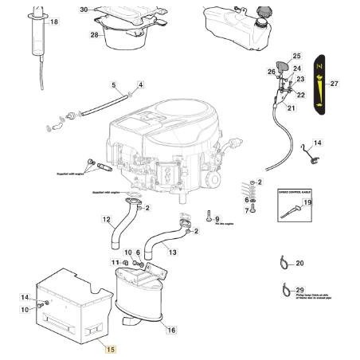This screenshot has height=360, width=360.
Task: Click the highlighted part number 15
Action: tap(111, 349)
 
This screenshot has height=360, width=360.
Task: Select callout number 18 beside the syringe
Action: tap(54, 22)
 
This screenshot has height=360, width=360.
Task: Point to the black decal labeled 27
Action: tap(319, 84)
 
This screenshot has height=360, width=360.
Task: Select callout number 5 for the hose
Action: tap(113, 85)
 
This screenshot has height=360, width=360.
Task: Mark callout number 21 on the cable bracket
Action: tap(291, 108)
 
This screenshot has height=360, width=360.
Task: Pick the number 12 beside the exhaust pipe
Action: tap(108, 230)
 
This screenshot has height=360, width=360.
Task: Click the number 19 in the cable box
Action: tap(308, 204)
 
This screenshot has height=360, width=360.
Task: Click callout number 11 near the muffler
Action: tap(115, 262)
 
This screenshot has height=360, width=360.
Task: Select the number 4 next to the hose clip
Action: tap(140, 84)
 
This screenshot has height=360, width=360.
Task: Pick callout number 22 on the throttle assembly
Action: tap(300, 95)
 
